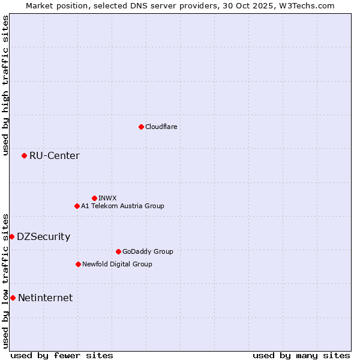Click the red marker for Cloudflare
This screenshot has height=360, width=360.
[141, 127]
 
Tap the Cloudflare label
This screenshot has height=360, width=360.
[161, 127]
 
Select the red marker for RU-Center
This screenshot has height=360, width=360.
[24, 156]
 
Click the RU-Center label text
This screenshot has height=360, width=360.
[54, 156]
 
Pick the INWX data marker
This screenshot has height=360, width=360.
[94, 198]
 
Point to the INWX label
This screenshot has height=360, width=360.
[107, 198]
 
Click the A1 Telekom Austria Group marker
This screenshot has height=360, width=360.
[77, 206]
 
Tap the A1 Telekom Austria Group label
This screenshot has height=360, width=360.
[122, 206]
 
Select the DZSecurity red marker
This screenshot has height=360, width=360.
[11, 236]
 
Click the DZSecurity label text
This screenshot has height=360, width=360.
[43, 236]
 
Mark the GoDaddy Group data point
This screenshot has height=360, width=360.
[118, 251]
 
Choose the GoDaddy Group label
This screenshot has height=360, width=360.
[147, 251]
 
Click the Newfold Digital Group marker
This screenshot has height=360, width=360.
[78, 264]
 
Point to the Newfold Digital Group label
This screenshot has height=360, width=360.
[117, 264]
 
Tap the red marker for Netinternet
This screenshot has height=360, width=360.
[13, 298]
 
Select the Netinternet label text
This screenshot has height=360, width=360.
[45, 298]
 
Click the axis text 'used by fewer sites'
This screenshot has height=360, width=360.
[62, 355]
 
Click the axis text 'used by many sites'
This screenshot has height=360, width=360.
[301, 355]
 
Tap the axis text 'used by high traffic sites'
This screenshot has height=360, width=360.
[5, 85]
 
